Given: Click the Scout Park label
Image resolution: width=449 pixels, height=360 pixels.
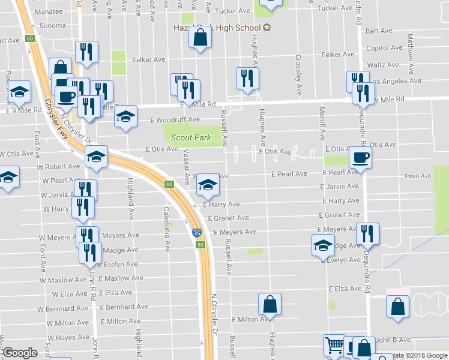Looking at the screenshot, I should click(x=191, y=137).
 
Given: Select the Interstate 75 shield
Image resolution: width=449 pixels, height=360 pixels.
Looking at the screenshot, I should click(x=196, y=233).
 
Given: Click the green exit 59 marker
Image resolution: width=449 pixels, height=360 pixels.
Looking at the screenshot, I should click(x=202, y=245).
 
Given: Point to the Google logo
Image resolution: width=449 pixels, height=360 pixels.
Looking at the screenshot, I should click(x=20, y=353).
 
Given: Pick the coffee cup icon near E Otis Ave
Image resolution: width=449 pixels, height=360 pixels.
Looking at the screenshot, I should click(x=360, y=158).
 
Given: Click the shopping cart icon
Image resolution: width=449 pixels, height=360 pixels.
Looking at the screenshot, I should click(x=334, y=345).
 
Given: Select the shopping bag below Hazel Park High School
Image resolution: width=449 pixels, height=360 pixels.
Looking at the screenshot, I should click(x=200, y=40).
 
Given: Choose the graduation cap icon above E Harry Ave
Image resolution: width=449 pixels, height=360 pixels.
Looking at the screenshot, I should click(x=208, y=185).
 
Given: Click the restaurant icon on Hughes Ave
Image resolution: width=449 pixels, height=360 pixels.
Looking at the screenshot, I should click(x=247, y=78).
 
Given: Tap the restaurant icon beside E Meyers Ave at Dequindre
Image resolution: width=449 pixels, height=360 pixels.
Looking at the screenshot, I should click(x=367, y=234).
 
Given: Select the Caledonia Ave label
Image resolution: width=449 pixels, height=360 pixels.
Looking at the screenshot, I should click(x=167, y=221).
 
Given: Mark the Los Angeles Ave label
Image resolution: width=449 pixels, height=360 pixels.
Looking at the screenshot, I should click(x=397, y=81).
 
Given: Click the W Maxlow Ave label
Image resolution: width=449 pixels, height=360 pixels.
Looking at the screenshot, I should click(x=64, y=280).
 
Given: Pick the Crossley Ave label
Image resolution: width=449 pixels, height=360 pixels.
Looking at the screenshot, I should click(x=298, y=75).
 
